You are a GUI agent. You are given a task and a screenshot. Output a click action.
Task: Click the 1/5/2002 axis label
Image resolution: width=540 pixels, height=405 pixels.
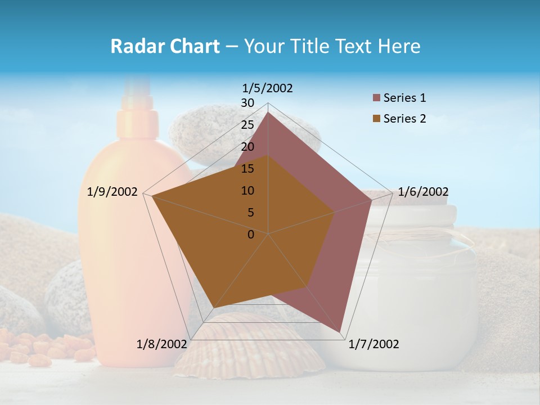click(268, 88)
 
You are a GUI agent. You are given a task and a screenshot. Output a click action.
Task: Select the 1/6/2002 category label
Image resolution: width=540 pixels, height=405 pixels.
click(423, 192)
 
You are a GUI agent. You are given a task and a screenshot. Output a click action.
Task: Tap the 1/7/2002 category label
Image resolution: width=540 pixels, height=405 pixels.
click(373, 344)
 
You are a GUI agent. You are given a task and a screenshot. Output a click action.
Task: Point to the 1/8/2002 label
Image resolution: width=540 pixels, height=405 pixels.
click(161, 344)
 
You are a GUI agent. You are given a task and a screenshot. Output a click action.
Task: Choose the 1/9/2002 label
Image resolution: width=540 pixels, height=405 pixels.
click(112, 192)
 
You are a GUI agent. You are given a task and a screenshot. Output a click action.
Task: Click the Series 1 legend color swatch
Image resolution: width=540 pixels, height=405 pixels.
click(377, 98)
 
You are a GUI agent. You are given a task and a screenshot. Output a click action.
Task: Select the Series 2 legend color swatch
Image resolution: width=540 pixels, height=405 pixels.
click(377, 119)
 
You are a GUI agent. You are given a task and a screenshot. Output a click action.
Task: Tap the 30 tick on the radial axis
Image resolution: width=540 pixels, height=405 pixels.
click(247, 103)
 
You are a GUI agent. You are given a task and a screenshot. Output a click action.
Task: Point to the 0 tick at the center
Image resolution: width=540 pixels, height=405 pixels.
click(251, 235)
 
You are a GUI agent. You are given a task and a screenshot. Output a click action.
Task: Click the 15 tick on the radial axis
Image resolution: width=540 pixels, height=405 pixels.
click(247, 169)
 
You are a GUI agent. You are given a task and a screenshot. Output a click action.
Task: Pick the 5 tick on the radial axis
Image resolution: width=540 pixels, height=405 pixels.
click(251, 213)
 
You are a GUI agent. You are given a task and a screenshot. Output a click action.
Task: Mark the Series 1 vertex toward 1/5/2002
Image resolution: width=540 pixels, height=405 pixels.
click(268, 112)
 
